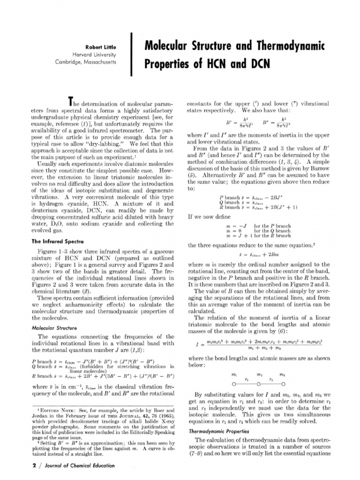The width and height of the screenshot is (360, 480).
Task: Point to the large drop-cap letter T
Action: click(72, 101)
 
